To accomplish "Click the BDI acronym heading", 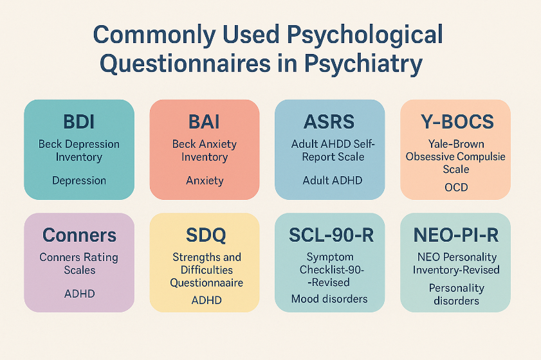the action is (78, 122).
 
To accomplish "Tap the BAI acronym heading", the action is (204, 122).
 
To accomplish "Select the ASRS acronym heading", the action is (329, 122).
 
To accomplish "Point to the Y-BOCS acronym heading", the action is (457, 122).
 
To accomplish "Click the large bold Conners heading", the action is (79, 235).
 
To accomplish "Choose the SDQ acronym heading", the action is (206, 235).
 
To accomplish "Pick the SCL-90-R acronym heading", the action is (331, 235).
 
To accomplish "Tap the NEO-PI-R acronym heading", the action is (456, 235).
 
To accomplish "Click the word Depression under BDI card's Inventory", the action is (79, 181).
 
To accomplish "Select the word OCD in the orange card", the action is (456, 187).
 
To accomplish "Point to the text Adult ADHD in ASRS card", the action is (333, 181).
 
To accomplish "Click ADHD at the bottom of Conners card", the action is (79, 294).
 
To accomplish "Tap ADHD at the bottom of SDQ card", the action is (206, 300).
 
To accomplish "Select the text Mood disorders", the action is (329, 299).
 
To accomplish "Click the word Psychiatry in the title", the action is (363, 64).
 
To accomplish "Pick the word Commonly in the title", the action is (154, 35).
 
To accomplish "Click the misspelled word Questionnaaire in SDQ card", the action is (206, 283).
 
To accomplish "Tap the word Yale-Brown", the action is (456, 144).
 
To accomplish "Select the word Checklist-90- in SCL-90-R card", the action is (331, 269).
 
